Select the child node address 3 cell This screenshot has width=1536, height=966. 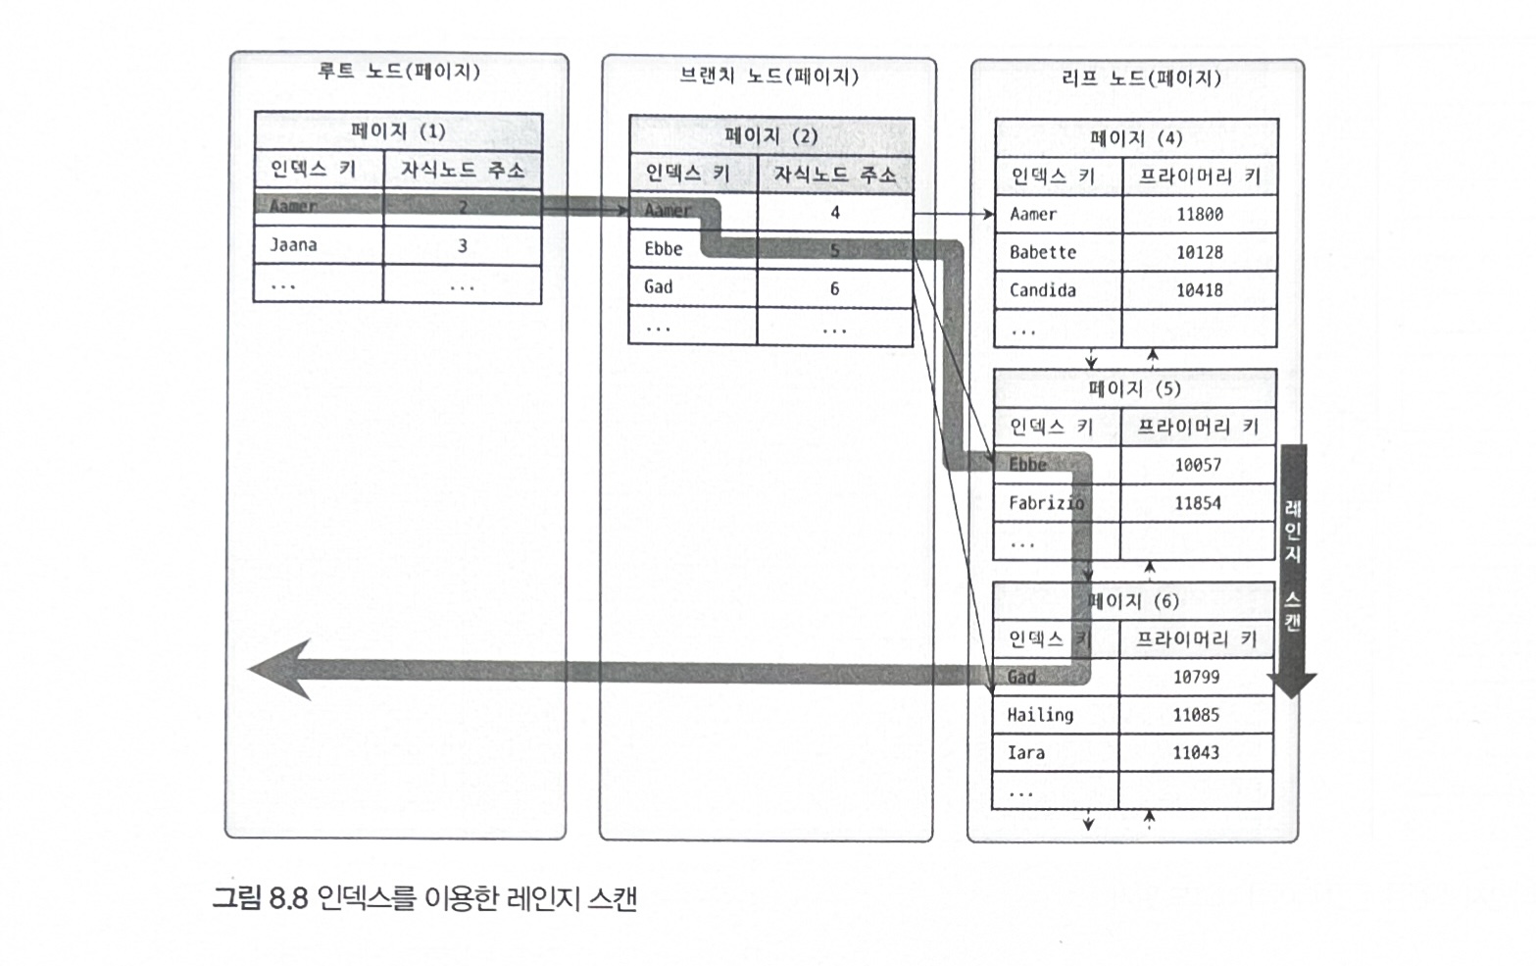click(463, 246)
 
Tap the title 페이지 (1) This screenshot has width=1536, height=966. click(398, 131)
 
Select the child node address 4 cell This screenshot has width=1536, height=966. click(835, 212)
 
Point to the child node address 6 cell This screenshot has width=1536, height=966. click(835, 288)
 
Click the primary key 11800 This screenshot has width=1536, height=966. click(1200, 214)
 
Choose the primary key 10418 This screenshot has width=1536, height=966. click(1200, 290)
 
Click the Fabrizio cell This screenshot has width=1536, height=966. click(1046, 503)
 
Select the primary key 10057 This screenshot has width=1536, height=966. click(1198, 465)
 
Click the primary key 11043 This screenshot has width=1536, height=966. click(1196, 753)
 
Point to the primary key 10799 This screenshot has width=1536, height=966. click(1196, 677)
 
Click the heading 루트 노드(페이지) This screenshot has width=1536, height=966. click(399, 72)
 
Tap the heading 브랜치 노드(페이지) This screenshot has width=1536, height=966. click(768, 76)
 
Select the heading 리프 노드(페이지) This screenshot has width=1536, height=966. click(1141, 78)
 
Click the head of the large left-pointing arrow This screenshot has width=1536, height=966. click(279, 670)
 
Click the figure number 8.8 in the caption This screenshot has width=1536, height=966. click(288, 897)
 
